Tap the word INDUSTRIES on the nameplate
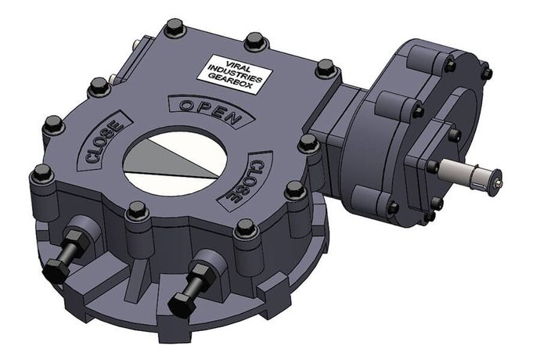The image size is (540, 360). pos(237,71)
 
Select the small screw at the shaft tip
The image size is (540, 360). pos(498,185)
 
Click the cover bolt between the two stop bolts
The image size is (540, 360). pos(138,211)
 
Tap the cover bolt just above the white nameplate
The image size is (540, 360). pos(254,40)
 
